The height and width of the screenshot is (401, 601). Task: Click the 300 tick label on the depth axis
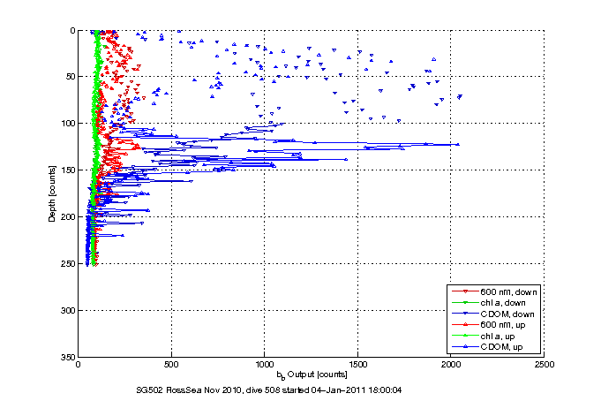pyautogui.click(x=66, y=311)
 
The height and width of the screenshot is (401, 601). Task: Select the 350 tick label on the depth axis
pyautogui.click(x=66, y=357)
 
